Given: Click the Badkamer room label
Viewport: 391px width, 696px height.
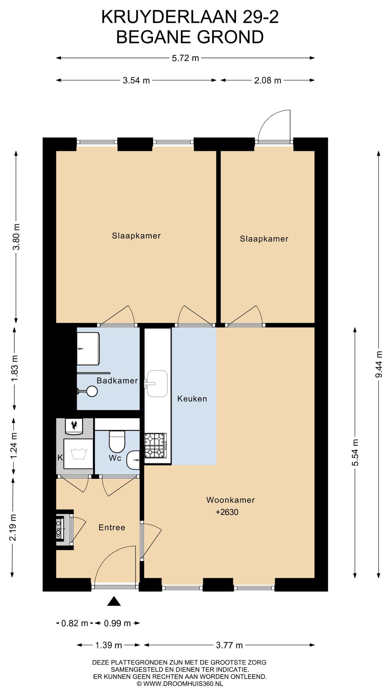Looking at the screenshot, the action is [x=117, y=381].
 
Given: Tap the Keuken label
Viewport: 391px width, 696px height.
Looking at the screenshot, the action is [x=192, y=399].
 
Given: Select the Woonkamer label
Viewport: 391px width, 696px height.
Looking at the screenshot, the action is [x=230, y=500].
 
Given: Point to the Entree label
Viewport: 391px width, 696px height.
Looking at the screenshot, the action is [x=112, y=527].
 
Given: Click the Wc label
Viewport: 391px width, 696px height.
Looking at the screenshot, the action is [x=115, y=458].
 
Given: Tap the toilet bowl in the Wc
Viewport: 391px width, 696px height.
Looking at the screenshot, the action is [x=117, y=441].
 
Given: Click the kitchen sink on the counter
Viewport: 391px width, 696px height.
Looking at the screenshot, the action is [x=157, y=383].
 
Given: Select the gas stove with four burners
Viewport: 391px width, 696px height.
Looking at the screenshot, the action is [x=156, y=445].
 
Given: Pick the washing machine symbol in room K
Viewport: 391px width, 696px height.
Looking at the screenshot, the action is [x=78, y=454].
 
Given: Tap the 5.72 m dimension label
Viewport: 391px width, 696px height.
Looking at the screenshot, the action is [x=185, y=58].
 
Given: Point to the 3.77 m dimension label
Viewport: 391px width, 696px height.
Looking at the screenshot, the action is [x=229, y=645].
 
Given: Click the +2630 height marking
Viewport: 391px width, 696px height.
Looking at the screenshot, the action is [x=227, y=512].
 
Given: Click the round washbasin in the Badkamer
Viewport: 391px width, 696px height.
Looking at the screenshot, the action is [x=92, y=391].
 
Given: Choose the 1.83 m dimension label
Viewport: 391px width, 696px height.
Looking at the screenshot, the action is [x=14, y=368].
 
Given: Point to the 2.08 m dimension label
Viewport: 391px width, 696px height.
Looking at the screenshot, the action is [x=268, y=81].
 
